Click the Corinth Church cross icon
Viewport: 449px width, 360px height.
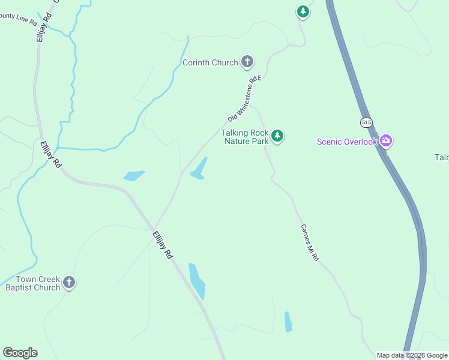[x=247, y=62]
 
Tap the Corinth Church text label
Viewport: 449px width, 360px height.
[x=210, y=62]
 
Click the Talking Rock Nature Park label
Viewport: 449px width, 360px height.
[x=244, y=137]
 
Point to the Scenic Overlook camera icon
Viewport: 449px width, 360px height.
[x=386, y=142]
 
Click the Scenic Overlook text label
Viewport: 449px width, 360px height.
[x=347, y=142]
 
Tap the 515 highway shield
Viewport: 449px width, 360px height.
[x=367, y=122]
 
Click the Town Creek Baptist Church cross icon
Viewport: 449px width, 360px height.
[x=69, y=283]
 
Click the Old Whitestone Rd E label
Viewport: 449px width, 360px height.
[x=246, y=98]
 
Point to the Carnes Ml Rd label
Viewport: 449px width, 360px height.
[x=309, y=242]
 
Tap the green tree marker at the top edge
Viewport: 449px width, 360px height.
[x=303, y=11]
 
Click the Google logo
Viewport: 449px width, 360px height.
[x=20, y=353]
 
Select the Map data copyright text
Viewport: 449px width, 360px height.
[x=412, y=355]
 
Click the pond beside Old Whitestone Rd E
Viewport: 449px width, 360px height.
[x=199, y=169]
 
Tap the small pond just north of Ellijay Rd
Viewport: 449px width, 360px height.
[x=134, y=176]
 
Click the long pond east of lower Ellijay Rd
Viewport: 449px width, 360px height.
[x=197, y=281]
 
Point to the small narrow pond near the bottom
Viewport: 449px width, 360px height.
[x=288, y=322]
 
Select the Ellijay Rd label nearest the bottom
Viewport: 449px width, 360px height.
[x=163, y=245]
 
